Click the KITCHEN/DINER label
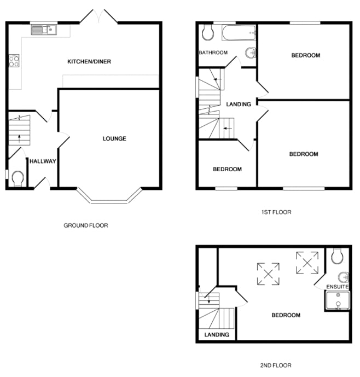tap(89, 61)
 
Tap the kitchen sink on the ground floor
tap(44, 30)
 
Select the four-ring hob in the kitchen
tap(14, 61)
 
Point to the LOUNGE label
tap(114, 138)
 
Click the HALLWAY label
tap(43, 161)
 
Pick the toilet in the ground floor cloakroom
tap(18, 178)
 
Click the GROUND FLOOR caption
tap(86, 225)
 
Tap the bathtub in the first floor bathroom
tap(239, 33)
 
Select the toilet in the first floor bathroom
tap(208, 32)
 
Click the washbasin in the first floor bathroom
tap(251, 53)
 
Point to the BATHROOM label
tap(213, 53)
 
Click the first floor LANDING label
tap(239, 104)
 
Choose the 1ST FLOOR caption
tap(276, 212)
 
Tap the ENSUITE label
tap(338, 287)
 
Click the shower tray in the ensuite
tap(338, 300)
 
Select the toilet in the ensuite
tap(338, 256)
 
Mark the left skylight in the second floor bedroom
tap(268, 274)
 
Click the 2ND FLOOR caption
tap(276, 366)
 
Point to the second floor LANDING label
tap(217, 335)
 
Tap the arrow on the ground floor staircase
tap(19, 139)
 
